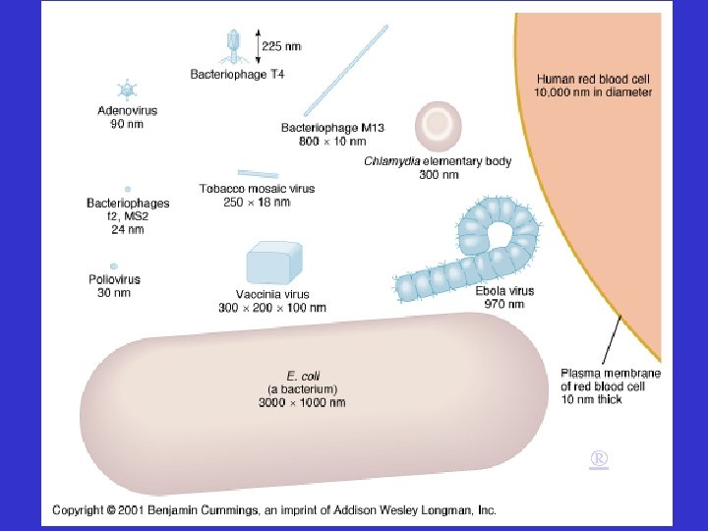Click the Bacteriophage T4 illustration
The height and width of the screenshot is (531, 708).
pos(234,43)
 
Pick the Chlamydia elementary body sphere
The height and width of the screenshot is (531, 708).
pos(438,125)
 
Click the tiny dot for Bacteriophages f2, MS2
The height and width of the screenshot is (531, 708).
pos(128,188)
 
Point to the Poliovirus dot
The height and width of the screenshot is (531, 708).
pos(115,265)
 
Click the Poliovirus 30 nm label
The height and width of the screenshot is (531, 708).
pos(114,285)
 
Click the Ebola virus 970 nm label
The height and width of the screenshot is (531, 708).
pos(504,298)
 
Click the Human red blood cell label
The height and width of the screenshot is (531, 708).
pos(593,85)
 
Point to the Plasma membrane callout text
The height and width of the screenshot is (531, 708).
pos(610,385)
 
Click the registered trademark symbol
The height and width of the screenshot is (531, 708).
pos(599,459)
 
